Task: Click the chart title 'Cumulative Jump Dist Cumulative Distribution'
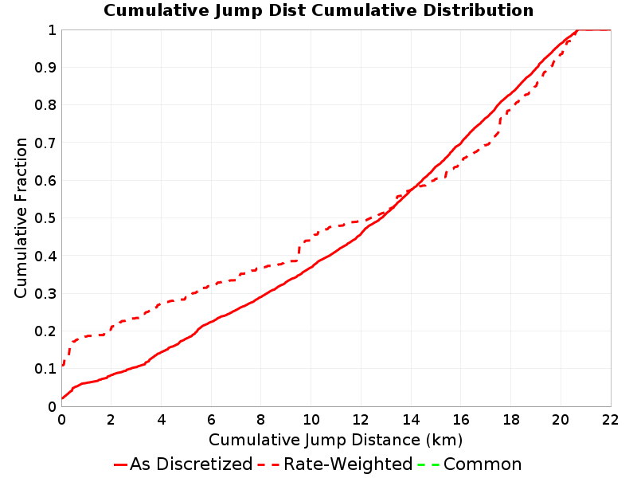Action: coord(318,10)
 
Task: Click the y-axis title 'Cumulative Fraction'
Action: coord(21,217)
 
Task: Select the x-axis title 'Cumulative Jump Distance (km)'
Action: coord(335,441)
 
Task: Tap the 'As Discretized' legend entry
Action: coord(183,464)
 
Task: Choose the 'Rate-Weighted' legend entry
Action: coord(335,464)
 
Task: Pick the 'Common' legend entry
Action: coord(470,464)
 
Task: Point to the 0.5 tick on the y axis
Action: coord(45,218)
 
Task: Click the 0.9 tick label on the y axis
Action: coord(45,68)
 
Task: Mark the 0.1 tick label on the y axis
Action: coord(45,369)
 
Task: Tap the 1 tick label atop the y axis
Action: coord(52,30)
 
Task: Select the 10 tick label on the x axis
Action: coord(311,420)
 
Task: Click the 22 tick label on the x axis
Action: coord(610,420)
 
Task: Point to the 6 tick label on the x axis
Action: coord(211,420)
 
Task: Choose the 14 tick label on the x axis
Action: coord(411,420)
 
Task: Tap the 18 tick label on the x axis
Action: coord(510,420)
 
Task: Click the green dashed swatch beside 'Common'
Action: coord(429,464)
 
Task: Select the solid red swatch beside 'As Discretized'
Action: coord(121,464)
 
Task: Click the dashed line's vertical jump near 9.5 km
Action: coord(299,251)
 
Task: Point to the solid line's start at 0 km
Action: coord(62,398)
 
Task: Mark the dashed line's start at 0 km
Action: coord(63,366)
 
